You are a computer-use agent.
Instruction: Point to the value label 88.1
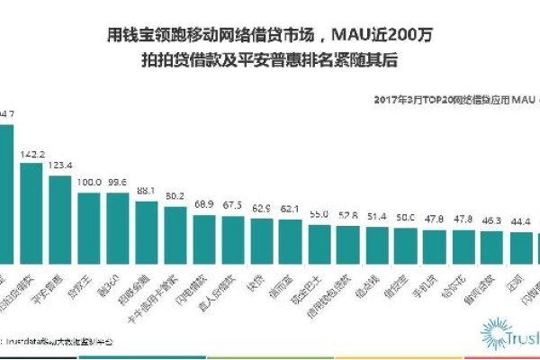click(146, 191)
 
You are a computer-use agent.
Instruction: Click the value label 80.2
click(175, 195)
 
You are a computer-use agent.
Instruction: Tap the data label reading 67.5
click(232, 205)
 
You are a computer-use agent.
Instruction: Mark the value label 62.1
click(290, 209)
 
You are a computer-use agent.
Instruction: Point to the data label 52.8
click(347, 216)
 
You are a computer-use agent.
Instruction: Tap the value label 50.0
click(405, 218)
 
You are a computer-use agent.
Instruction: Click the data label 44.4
click(520, 221)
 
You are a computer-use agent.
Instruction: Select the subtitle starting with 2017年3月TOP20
click(450, 102)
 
